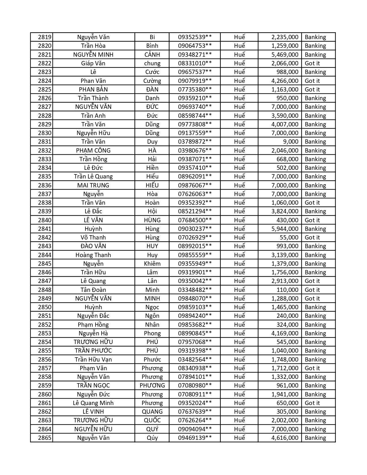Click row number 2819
(x=45, y=37)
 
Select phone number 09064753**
(x=195, y=46)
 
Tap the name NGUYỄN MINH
(x=93, y=55)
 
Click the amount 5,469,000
(x=285, y=55)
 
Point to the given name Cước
(x=152, y=72)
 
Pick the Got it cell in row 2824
(x=312, y=81)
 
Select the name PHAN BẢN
(x=93, y=90)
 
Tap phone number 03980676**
(x=195, y=151)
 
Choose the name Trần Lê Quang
(x=93, y=176)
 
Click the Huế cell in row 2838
(x=239, y=203)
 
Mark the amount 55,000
(x=289, y=238)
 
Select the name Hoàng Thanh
(x=93, y=255)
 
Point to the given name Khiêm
(x=152, y=264)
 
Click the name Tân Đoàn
(x=93, y=290)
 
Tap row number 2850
(x=45, y=307)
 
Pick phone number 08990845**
(x=195, y=333)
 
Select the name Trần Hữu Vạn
(x=93, y=360)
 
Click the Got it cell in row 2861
(x=312, y=403)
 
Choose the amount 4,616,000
(x=285, y=438)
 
